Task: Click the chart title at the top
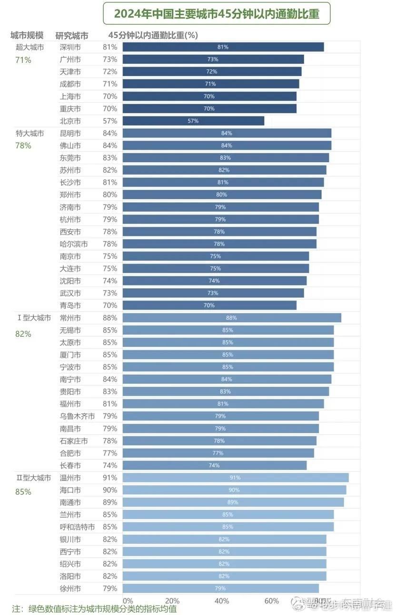(x=217, y=14)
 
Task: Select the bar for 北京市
(x=193, y=121)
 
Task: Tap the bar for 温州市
(x=235, y=478)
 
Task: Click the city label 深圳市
(x=70, y=47)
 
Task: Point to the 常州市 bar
(x=232, y=318)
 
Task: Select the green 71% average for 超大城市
(x=23, y=60)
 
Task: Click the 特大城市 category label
(x=30, y=133)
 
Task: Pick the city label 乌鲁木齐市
(x=77, y=416)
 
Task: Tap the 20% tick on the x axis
(x=172, y=601)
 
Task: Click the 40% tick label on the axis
(x=222, y=601)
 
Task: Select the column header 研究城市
(x=72, y=36)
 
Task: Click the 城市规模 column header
(x=27, y=35)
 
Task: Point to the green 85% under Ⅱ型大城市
(x=23, y=492)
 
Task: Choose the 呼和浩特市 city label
(x=77, y=527)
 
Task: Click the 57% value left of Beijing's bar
(x=109, y=121)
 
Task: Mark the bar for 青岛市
(x=209, y=305)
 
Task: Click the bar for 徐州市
(x=220, y=588)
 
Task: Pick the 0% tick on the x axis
(x=128, y=601)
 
